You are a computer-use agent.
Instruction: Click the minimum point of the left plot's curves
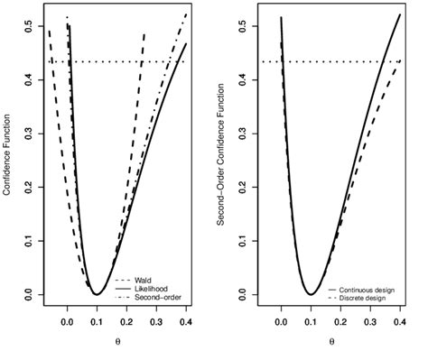tap(97, 294)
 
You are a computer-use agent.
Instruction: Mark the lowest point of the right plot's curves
tap(311, 294)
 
